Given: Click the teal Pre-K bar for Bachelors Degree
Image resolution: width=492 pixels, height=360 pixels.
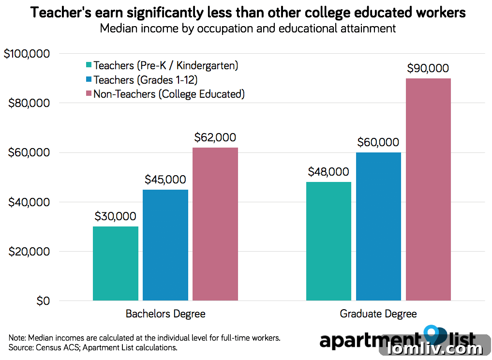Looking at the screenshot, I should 115,264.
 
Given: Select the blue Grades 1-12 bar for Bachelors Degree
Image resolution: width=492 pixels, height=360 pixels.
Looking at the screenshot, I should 165,245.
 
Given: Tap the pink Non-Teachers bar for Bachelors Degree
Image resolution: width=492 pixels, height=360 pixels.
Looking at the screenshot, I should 215,224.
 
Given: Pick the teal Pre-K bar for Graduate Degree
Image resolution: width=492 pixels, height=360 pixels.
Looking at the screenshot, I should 328,241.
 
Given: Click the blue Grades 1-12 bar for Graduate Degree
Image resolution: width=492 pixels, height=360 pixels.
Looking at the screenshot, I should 378,226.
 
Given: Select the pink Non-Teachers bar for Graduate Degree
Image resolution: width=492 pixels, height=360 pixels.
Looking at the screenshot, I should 428,189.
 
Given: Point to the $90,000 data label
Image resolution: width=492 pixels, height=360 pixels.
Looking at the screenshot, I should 428,69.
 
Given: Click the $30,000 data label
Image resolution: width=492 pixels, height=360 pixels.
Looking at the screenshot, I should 115,217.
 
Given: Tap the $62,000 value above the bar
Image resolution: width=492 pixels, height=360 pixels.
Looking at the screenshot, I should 215,137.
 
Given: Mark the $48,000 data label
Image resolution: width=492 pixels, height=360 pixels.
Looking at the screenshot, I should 328,172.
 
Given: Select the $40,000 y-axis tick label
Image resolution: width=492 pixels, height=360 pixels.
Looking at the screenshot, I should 30,202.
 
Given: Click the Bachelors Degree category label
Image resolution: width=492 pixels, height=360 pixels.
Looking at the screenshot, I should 165,314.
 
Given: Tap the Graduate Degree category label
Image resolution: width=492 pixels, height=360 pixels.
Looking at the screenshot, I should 378,314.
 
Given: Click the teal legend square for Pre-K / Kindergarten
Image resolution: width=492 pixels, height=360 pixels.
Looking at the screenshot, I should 88,65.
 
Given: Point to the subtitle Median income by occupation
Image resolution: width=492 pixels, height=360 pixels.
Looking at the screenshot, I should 248,28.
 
